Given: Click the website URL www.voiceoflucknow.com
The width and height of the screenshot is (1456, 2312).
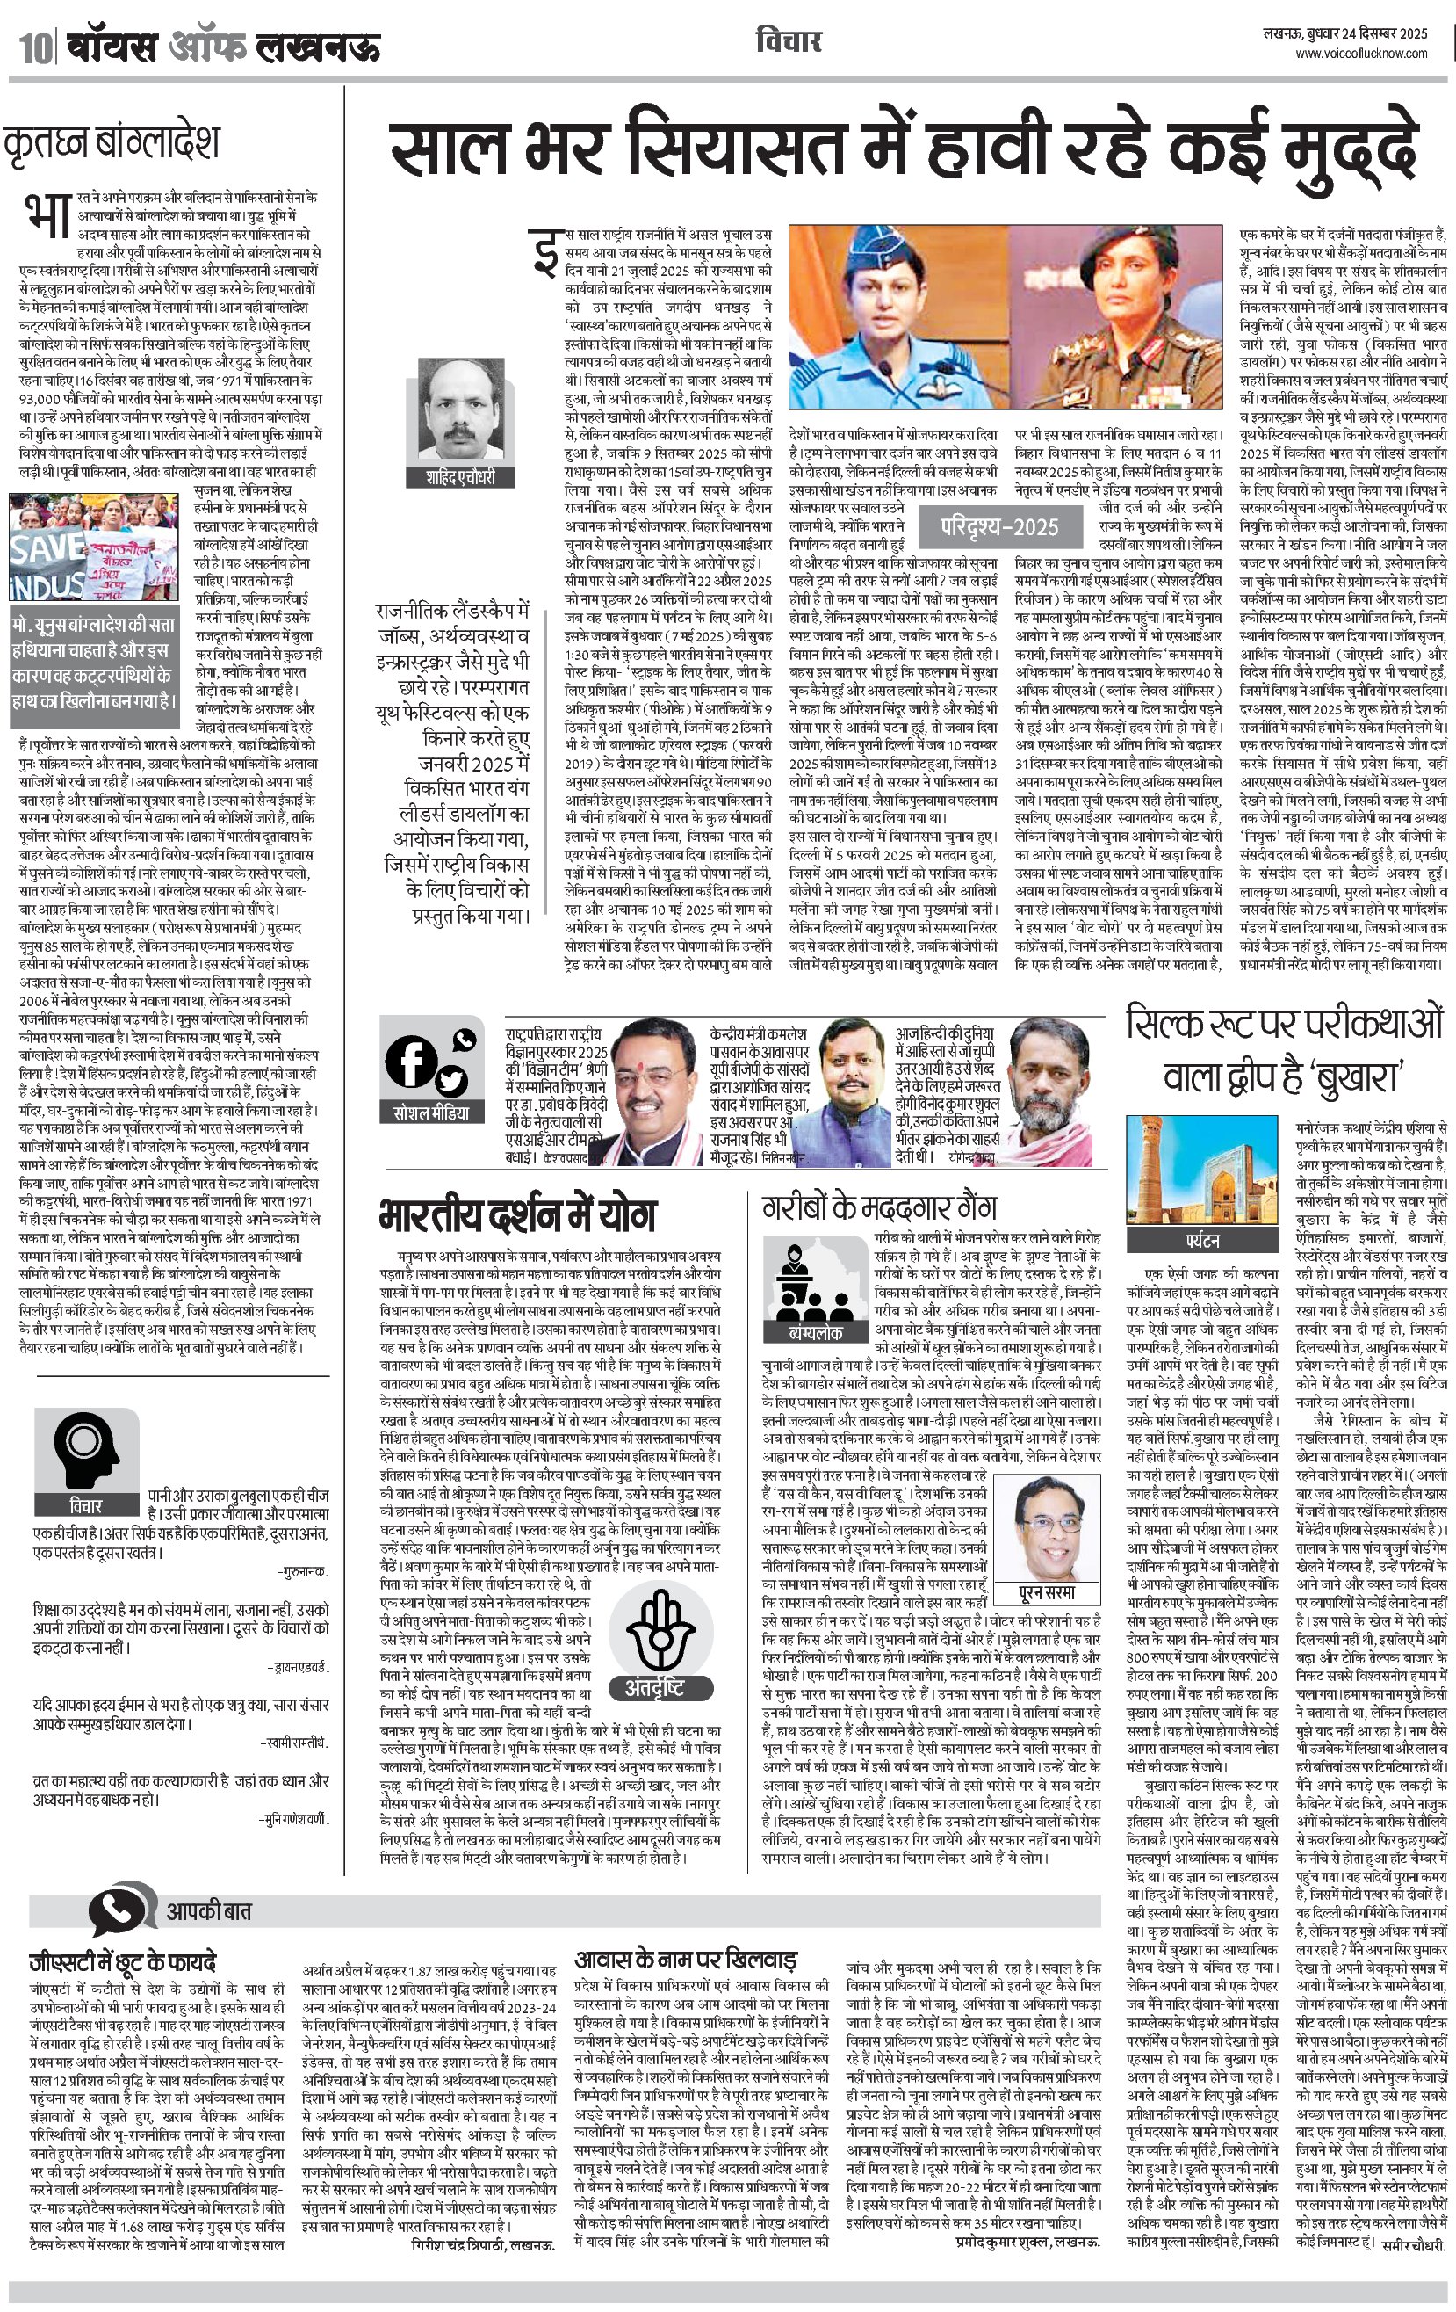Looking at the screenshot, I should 1361,54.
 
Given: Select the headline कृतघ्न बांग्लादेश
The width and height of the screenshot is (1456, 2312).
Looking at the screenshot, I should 112,142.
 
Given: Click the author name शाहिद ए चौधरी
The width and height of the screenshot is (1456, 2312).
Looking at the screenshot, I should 461,477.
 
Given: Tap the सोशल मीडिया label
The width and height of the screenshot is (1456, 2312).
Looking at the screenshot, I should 432,1113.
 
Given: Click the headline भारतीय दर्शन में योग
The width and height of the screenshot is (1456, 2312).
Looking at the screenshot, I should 518,1215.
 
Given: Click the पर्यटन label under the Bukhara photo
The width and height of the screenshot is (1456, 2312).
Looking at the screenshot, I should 1201,1241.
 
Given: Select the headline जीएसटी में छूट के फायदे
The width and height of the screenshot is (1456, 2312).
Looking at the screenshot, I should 122,1960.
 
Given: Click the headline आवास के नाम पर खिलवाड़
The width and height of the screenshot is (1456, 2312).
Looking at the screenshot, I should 685,1960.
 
